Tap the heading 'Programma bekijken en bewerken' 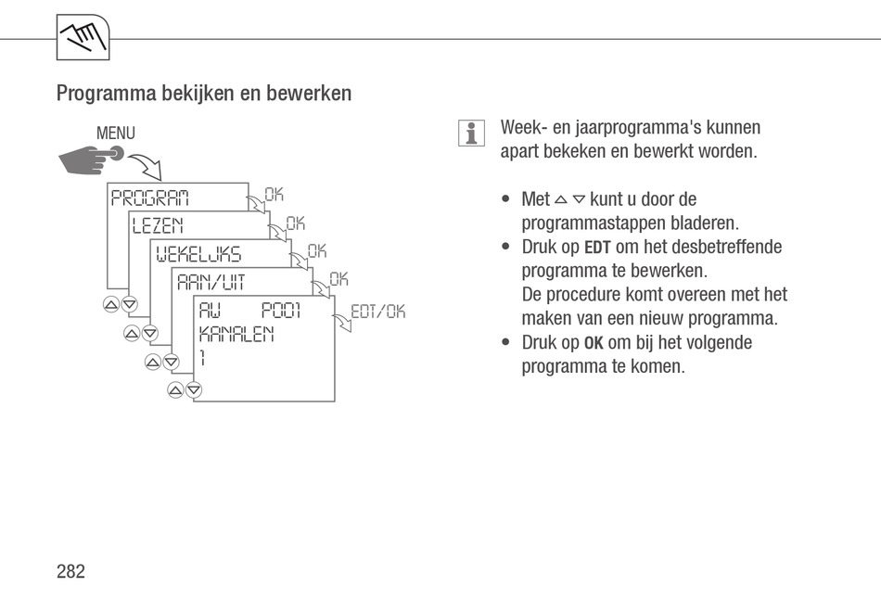pyautogui.click(x=204, y=94)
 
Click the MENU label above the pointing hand pyautogui.click(x=116, y=134)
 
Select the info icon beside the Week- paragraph pyautogui.click(x=471, y=133)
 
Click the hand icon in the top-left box pyautogui.click(x=83, y=38)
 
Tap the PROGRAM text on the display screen pyautogui.click(x=149, y=198)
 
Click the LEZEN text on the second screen pyautogui.click(x=158, y=225)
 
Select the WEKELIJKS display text pyautogui.click(x=198, y=253)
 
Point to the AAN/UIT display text pyautogui.click(x=211, y=282)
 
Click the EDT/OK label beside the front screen pyautogui.click(x=377, y=312)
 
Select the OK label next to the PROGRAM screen pyautogui.click(x=274, y=195)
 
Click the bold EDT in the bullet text pyautogui.click(x=597, y=248)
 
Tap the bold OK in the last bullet pyautogui.click(x=593, y=343)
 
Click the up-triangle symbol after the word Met pyautogui.click(x=560, y=200)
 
